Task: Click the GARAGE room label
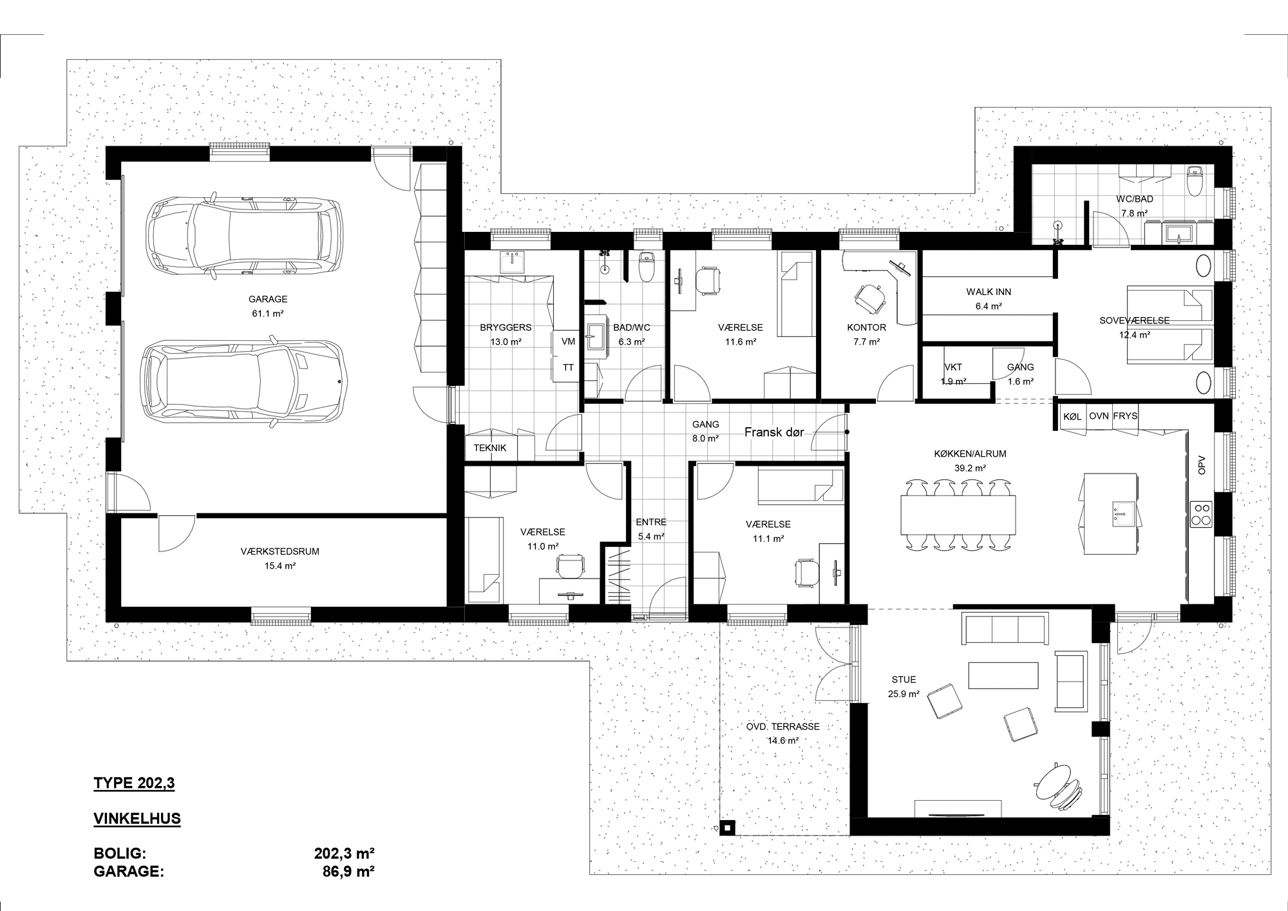pos(268,299)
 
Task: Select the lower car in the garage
pos(244,381)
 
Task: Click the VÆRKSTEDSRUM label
pos(280,551)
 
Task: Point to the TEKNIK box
pos(490,448)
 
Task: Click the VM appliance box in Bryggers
pos(568,341)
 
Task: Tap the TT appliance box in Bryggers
pos(568,368)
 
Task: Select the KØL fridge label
pos(1072,416)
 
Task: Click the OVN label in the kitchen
pos(1099,416)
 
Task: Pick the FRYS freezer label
pos(1125,416)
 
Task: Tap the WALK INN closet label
pos(989,292)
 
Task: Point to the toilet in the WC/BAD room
pos(1195,180)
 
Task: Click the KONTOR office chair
pos(871,298)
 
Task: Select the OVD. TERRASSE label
pos(783,727)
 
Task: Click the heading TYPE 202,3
pos(134,783)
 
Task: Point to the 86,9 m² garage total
pos(348,872)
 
